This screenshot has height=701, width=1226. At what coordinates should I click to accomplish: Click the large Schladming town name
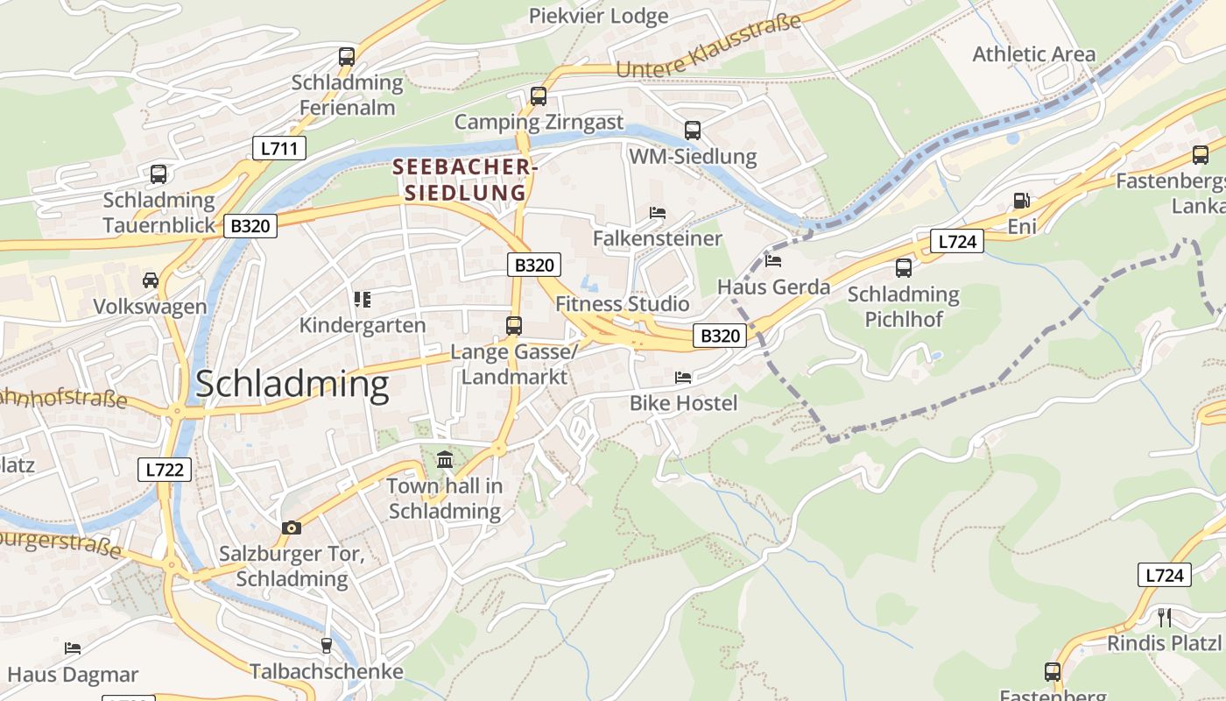[x=292, y=386]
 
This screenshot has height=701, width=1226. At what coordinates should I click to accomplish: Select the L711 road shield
[x=279, y=148]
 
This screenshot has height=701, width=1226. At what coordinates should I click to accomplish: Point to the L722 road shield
[x=165, y=470]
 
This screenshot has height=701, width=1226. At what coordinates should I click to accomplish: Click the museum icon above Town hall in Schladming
[x=445, y=459]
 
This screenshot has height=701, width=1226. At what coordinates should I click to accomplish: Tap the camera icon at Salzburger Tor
[x=292, y=528]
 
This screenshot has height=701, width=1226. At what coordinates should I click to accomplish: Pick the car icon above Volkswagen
[x=151, y=280]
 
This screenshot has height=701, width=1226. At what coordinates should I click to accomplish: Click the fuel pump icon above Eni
[x=1021, y=201]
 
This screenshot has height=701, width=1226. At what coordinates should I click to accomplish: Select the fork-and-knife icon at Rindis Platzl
[x=1164, y=617]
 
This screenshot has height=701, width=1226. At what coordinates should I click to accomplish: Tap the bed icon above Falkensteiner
[x=658, y=213]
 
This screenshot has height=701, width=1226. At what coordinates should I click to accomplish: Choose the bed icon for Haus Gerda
[x=773, y=260]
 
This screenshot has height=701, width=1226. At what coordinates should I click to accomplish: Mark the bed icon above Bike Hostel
[x=683, y=378]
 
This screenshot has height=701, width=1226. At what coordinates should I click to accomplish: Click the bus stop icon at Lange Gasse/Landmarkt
[x=514, y=326]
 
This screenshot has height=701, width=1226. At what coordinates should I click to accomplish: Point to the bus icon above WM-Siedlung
[x=693, y=131]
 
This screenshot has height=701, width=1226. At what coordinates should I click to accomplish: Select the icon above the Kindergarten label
[x=363, y=300]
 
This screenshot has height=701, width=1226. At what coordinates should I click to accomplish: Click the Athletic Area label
[x=1033, y=54]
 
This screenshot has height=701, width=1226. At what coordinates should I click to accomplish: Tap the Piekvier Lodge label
[x=598, y=16]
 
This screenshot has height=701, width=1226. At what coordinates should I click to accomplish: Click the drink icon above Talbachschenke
[x=327, y=646]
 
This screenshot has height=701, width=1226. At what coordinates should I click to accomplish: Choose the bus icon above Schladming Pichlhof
[x=904, y=268]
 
